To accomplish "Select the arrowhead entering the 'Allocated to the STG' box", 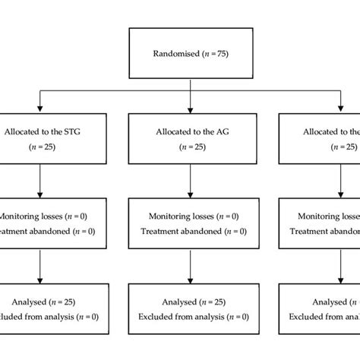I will point(39,109).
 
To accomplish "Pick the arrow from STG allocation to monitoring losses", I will point(39,182).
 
